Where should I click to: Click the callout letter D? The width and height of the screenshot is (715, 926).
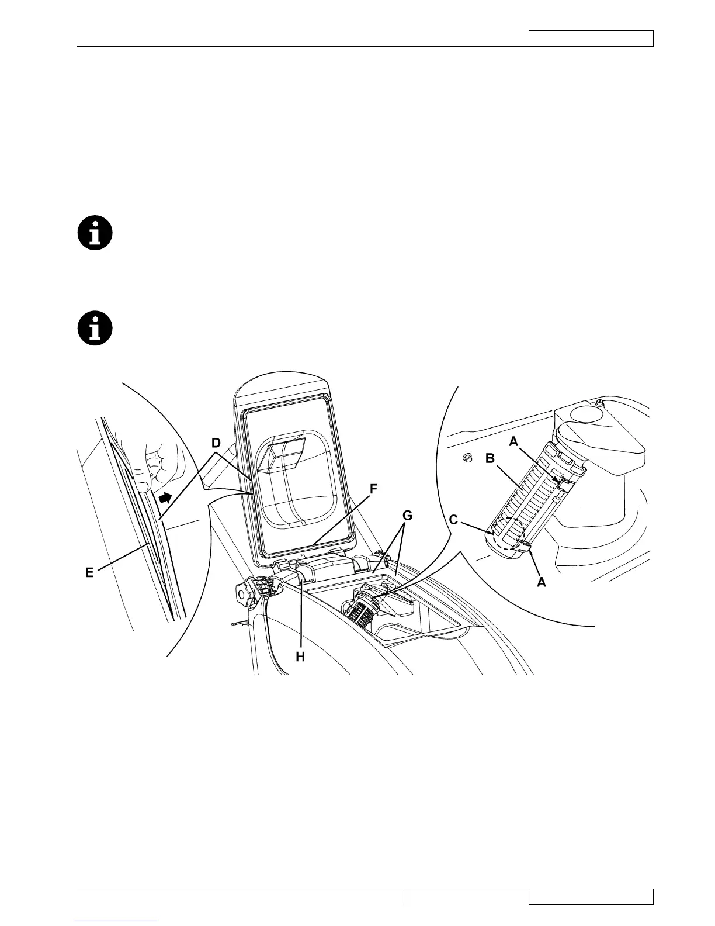coord(216,443)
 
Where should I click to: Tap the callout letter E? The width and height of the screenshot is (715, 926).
coord(89,573)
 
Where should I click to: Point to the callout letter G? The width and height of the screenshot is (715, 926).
coord(408,516)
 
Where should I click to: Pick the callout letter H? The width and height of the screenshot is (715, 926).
coord(300,657)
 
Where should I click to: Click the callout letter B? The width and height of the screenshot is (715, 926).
coord(490,458)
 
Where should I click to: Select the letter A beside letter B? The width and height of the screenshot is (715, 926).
coord(513,442)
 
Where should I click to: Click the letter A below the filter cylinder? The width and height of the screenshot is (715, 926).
coord(542,582)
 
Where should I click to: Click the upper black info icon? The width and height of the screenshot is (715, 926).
coord(95,233)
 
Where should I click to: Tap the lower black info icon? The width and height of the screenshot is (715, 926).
coord(95,328)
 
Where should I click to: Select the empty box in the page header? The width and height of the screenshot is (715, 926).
coord(591,39)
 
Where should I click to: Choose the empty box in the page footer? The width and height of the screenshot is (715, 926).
coord(591,896)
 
